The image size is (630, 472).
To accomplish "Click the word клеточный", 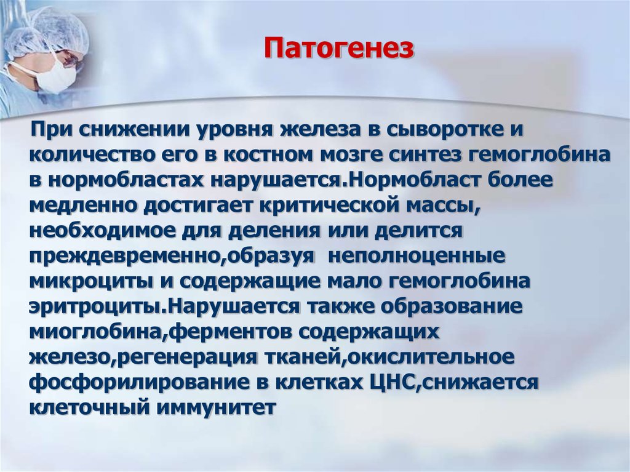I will point(82,407).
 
